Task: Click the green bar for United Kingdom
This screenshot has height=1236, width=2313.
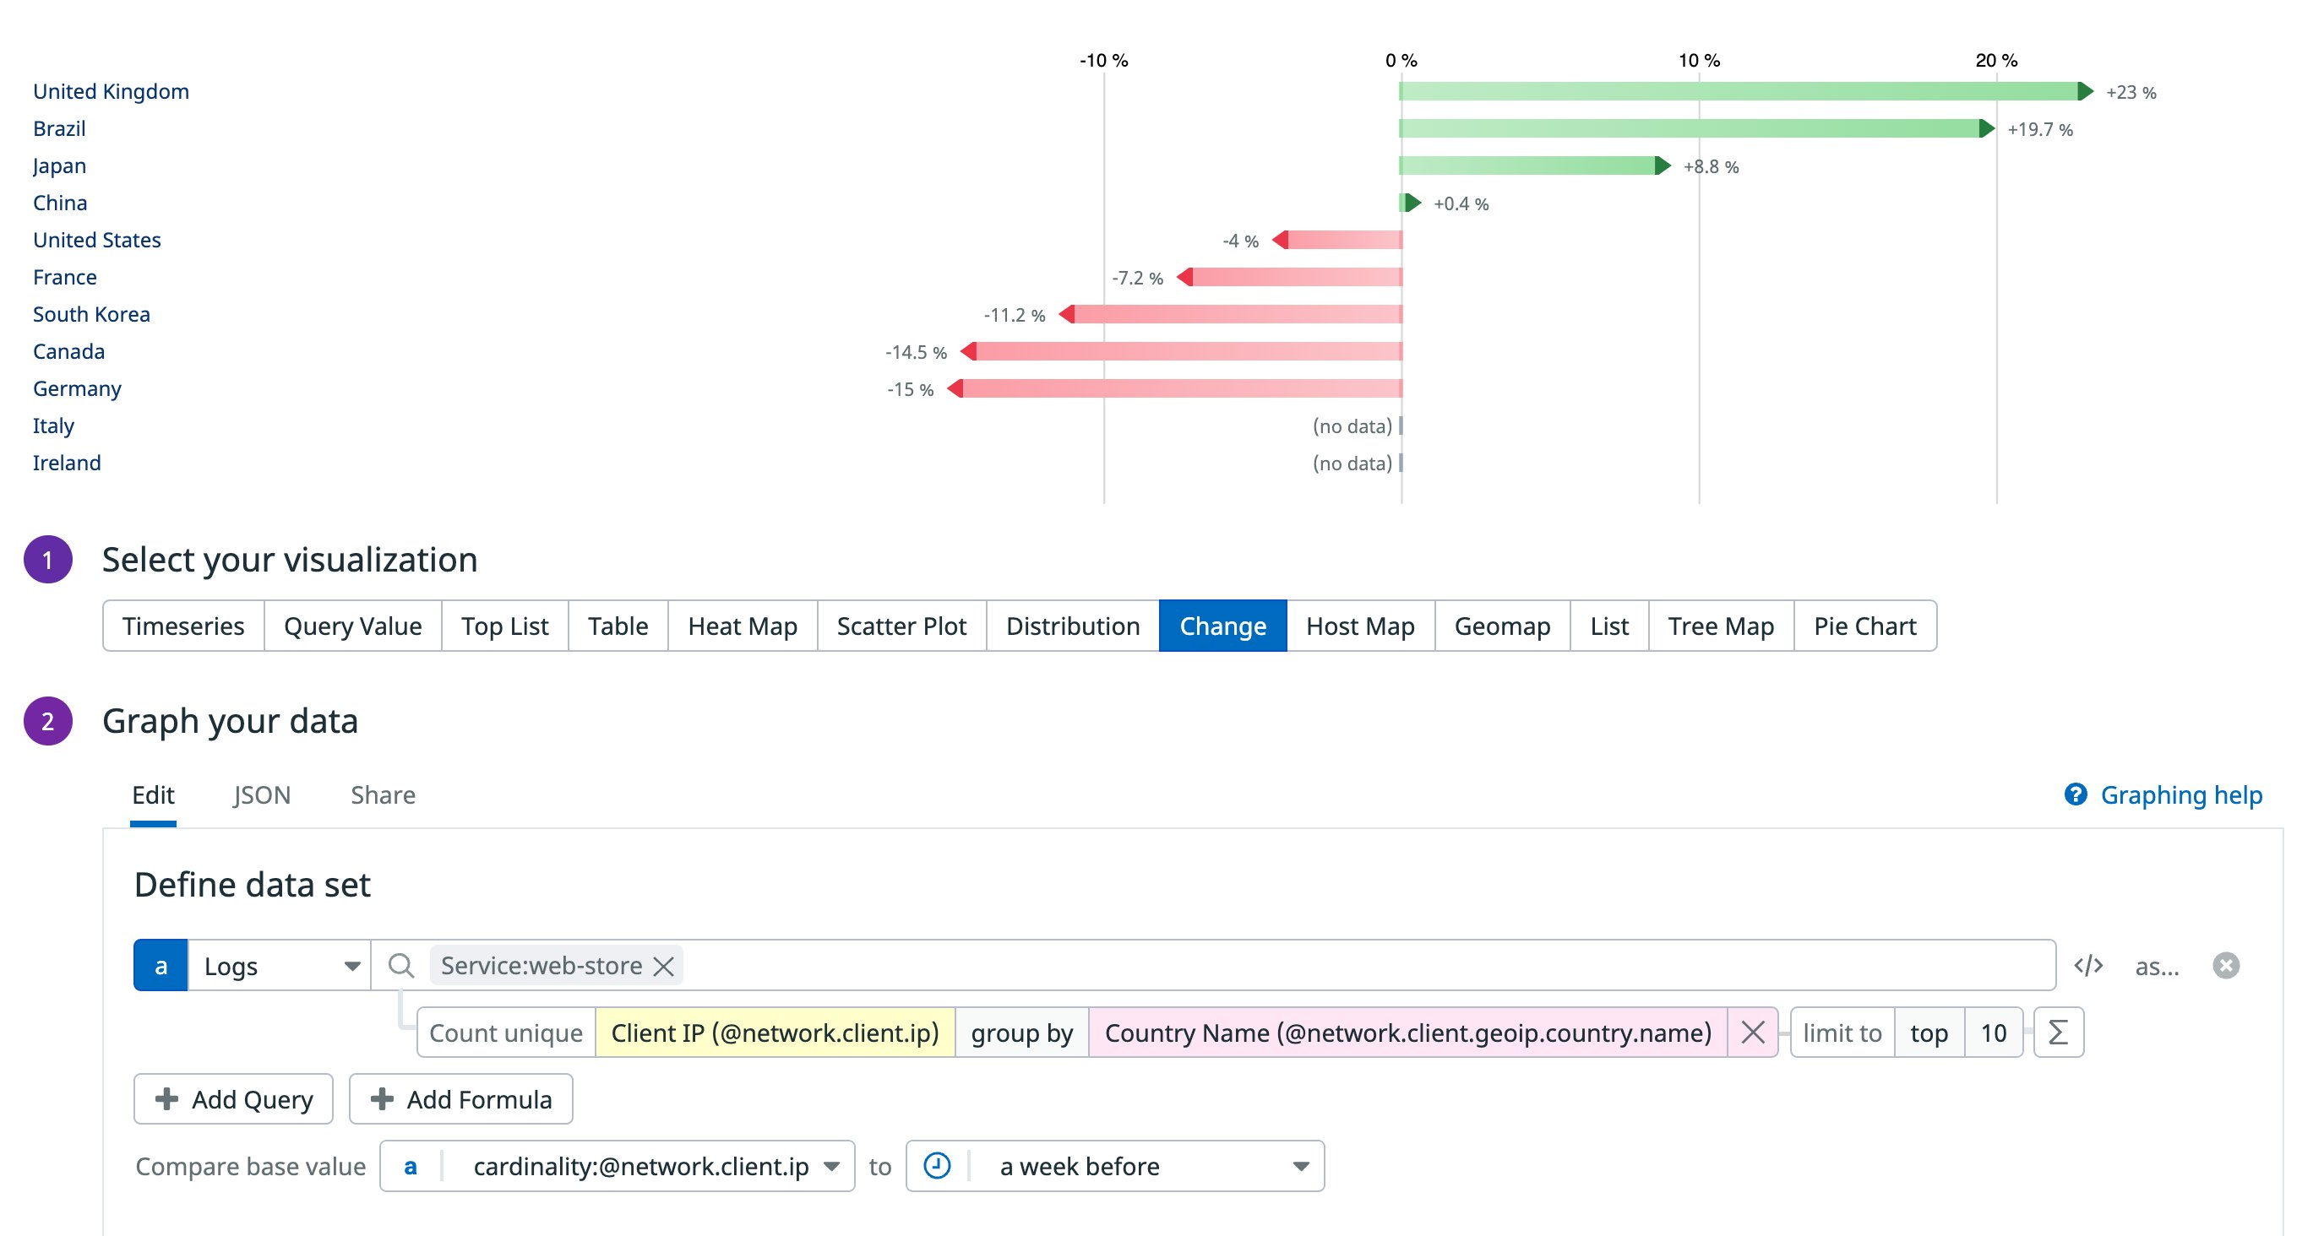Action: pyautogui.click(x=1742, y=91)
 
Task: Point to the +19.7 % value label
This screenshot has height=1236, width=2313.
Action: pyautogui.click(x=2040, y=129)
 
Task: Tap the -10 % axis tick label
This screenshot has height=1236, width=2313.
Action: pyautogui.click(x=1103, y=60)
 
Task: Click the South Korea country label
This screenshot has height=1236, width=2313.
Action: pyautogui.click(x=91, y=314)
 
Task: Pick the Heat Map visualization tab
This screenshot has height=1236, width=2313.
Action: pyautogui.click(x=742, y=626)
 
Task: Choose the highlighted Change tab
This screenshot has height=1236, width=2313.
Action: pyautogui.click(x=1222, y=626)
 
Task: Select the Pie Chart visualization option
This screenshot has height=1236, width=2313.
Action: pyautogui.click(x=1864, y=626)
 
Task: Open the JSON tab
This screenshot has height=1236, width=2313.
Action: pyautogui.click(x=261, y=794)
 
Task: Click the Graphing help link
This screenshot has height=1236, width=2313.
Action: pyautogui.click(x=2180, y=794)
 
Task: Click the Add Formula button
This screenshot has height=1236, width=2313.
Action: pyautogui.click(x=460, y=1098)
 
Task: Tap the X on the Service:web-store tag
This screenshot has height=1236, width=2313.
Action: pyautogui.click(x=663, y=966)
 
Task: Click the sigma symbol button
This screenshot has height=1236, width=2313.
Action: pyautogui.click(x=2057, y=1033)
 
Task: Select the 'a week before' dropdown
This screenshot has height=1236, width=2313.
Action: pyautogui.click(x=1114, y=1166)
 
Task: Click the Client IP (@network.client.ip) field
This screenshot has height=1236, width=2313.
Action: pyautogui.click(x=775, y=1033)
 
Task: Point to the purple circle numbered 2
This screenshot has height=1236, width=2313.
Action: pyautogui.click(x=47, y=721)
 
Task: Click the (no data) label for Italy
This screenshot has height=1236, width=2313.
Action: pyautogui.click(x=1352, y=426)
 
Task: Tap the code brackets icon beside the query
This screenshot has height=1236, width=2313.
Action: pyautogui.click(x=2087, y=966)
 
